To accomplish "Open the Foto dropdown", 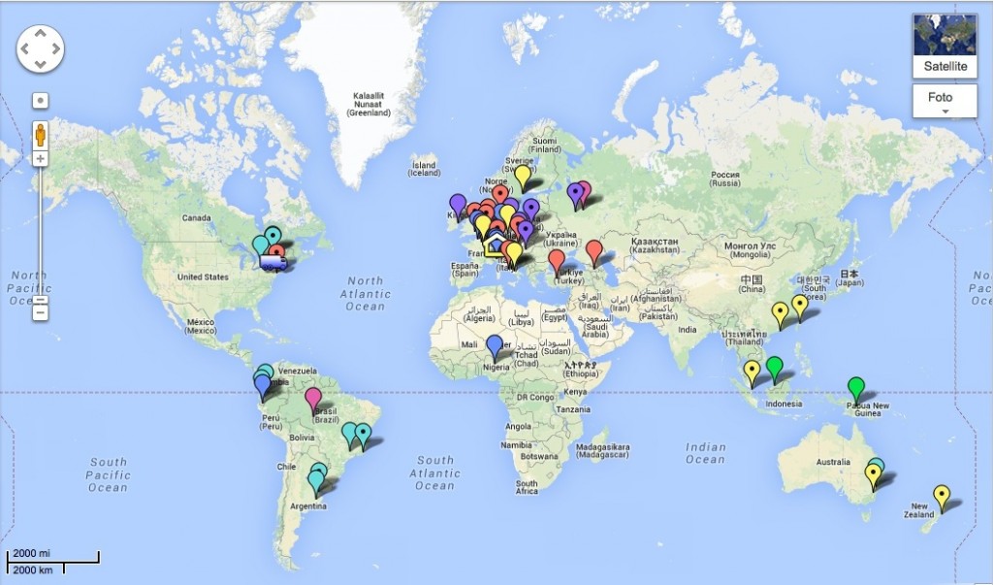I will [x=945, y=101].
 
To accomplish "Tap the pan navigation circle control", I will [x=40, y=47].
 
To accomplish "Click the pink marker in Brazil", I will [x=313, y=397].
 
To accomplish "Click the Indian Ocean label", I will [x=705, y=453].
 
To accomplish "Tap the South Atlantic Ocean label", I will [x=435, y=472].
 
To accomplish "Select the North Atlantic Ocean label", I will [x=366, y=293].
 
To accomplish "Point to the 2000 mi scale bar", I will [x=53, y=557].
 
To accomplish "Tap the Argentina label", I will [x=309, y=506].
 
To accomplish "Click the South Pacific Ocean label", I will [x=108, y=474].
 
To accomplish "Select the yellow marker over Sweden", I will [x=523, y=176].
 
